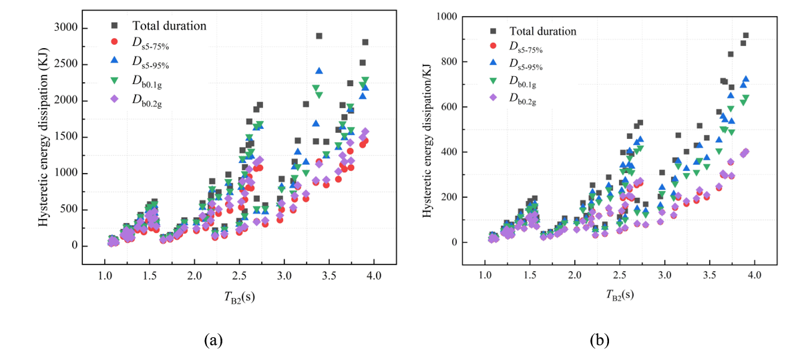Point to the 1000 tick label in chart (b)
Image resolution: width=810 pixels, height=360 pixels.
(456, 17)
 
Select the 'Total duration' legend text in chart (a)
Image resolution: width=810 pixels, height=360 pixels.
(170, 26)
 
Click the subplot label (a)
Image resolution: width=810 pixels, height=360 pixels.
(213, 341)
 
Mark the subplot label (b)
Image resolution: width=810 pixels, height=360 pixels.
(599, 341)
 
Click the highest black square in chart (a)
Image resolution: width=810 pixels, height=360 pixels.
(319, 36)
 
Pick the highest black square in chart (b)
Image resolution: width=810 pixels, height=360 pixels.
(746, 36)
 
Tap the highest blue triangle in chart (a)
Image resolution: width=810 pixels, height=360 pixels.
(319, 71)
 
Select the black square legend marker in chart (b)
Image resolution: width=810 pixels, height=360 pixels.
(493, 31)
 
